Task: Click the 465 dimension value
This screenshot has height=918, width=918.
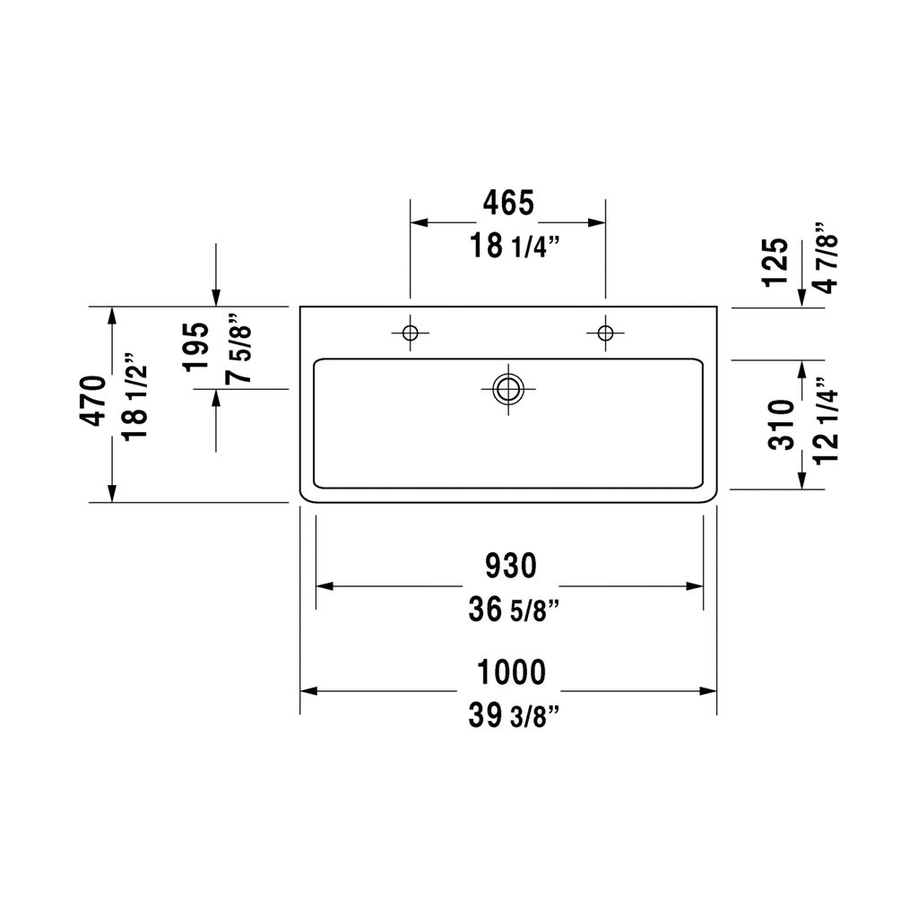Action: pyautogui.click(x=508, y=203)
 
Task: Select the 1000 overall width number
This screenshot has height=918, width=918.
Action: pyautogui.click(x=511, y=671)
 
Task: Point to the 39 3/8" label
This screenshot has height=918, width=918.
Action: pyautogui.click(x=514, y=715)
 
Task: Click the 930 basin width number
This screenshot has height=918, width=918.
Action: pyautogui.click(x=510, y=567)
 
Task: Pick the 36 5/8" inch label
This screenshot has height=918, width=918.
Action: pyautogui.click(x=514, y=610)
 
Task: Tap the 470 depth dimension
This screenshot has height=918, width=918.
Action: pyautogui.click(x=93, y=401)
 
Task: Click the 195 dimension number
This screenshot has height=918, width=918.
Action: pyautogui.click(x=196, y=347)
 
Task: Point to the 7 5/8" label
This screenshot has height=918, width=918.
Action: pyautogui.click(x=238, y=351)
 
